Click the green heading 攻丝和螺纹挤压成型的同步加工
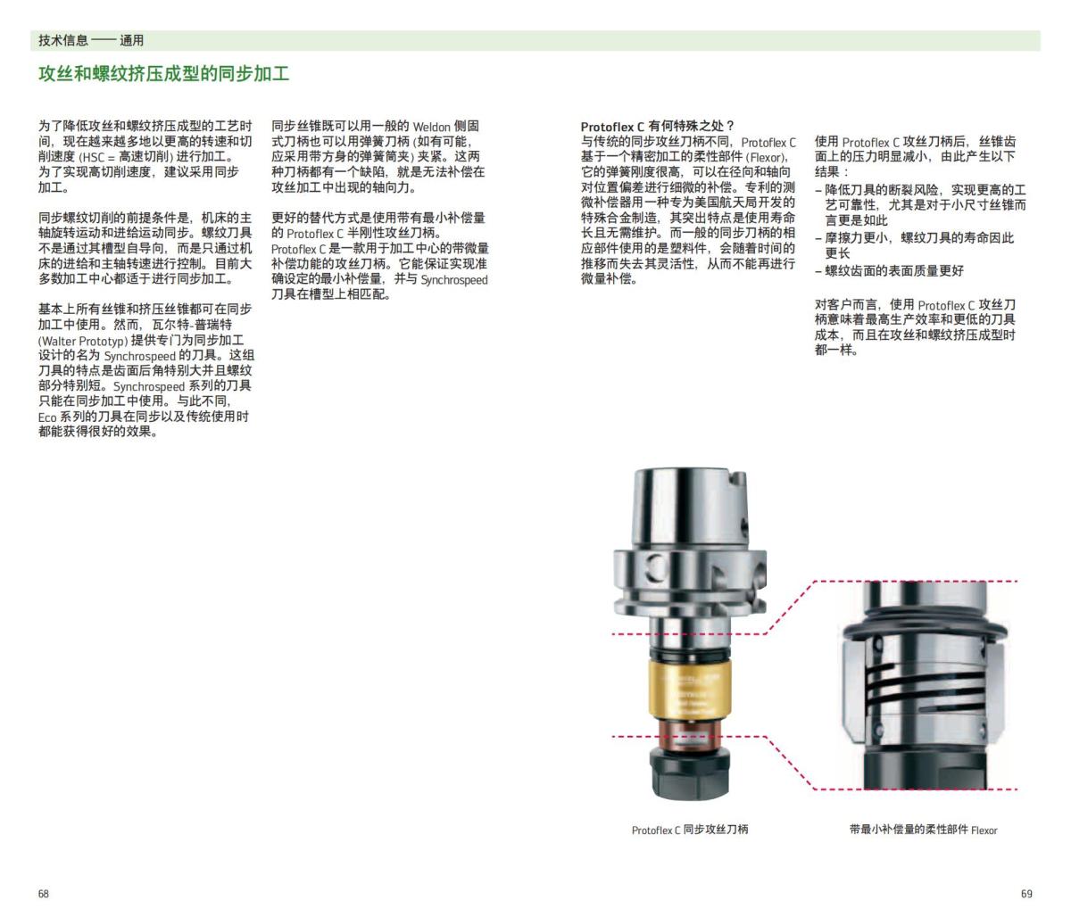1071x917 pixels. (x=163, y=74)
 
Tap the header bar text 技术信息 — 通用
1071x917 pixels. (x=91, y=40)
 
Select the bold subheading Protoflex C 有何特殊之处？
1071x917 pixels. (x=657, y=127)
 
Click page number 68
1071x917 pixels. (x=44, y=894)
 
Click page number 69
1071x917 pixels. (x=1025, y=894)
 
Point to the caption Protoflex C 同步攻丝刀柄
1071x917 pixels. (x=690, y=830)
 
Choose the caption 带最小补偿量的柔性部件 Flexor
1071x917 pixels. (x=923, y=830)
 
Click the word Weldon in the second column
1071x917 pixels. (x=433, y=127)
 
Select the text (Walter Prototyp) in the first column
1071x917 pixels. (x=82, y=341)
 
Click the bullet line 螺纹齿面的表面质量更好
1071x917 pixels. (x=893, y=270)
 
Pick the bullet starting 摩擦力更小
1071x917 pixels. (x=919, y=238)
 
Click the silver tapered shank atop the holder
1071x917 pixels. (x=688, y=508)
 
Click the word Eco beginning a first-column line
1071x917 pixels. (x=46, y=417)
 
